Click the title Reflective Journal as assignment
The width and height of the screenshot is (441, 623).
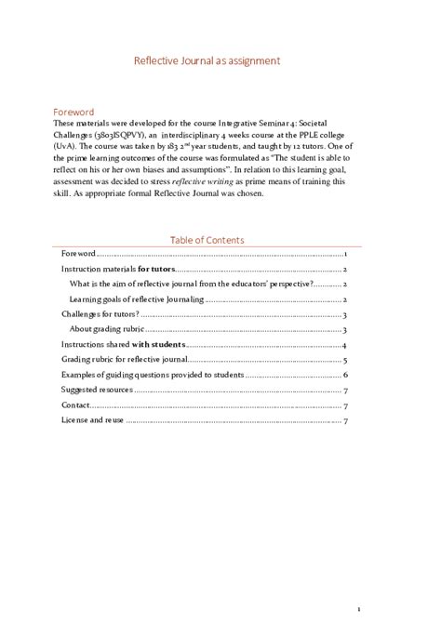click(220, 61)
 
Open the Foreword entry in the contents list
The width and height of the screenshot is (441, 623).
click(79, 254)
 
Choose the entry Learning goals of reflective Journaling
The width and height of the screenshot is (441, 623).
click(136, 299)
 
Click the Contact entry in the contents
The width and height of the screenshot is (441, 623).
click(75, 405)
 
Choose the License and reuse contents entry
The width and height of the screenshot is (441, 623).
click(92, 420)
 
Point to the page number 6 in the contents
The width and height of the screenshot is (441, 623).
click(345, 375)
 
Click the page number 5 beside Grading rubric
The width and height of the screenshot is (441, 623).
click(345, 359)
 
